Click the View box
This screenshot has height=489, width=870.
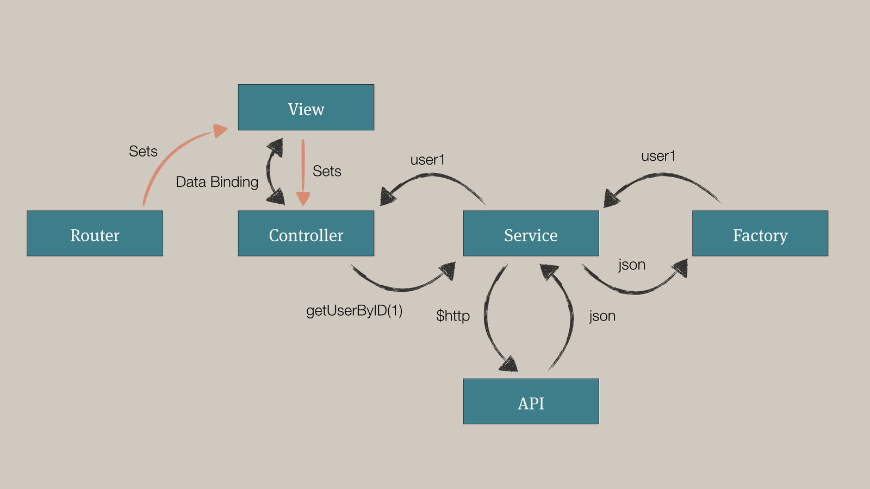point(306,108)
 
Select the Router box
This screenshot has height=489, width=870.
point(95,234)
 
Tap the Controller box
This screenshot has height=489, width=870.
point(306,234)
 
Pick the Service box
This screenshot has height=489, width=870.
point(531,234)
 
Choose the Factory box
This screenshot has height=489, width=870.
point(760,234)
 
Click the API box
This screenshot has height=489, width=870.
point(531,402)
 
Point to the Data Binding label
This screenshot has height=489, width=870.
point(217,182)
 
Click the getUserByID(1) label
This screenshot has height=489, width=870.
point(354,311)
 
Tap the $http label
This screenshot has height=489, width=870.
point(452,316)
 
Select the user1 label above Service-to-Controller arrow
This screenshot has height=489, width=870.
point(427,160)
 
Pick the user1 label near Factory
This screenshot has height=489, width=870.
point(658,156)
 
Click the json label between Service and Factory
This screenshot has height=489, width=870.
point(632,265)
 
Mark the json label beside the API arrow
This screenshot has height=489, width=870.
point(602,316)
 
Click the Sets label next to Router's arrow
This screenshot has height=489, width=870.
point(143,151)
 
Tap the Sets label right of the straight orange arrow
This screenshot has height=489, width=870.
point(327,171)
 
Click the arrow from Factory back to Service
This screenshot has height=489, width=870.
point(663,177)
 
